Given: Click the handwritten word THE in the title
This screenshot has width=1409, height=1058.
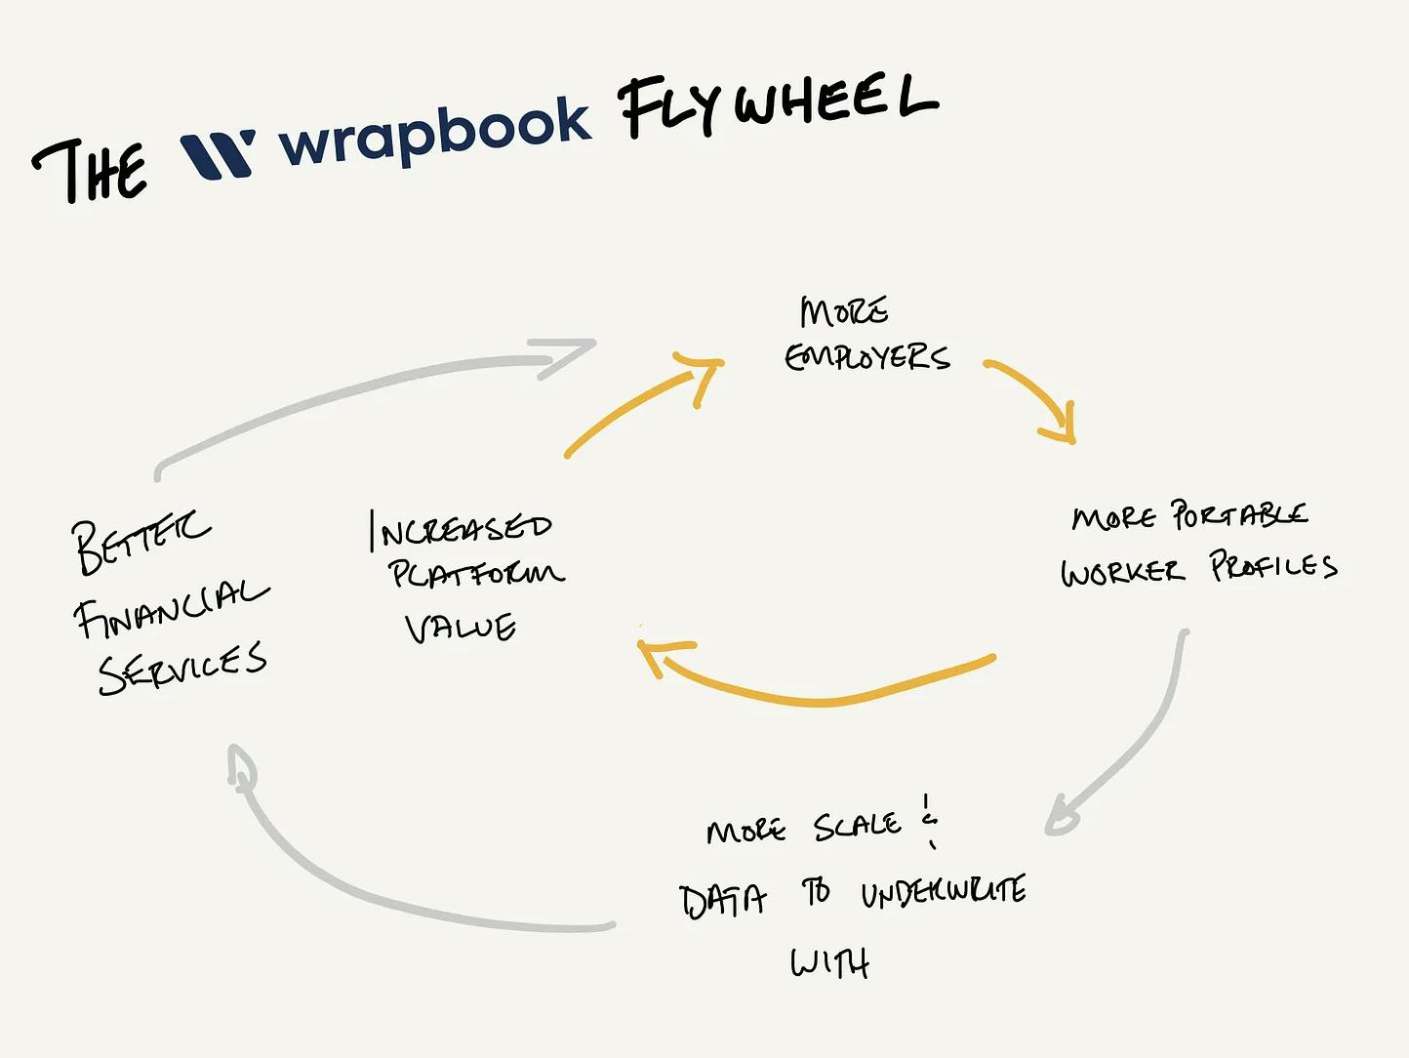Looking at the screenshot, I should click(x=90, y=170).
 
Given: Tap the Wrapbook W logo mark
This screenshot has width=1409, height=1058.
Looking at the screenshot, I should click(x=218, y=154).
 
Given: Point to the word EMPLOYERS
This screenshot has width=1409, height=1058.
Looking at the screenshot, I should click(x=866, y=357).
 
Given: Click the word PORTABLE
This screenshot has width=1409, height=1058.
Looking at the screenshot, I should click(x=1239, y=514).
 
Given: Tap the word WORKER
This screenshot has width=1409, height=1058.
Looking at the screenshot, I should click(x=1122, y=571).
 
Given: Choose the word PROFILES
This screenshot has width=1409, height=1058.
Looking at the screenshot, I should click(x=1273, y=566).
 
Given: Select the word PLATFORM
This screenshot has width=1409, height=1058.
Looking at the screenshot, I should click(x=476, y=573).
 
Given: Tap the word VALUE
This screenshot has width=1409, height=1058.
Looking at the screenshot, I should click(x=461, y=628).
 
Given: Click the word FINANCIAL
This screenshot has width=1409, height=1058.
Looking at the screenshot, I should click(x=171, y=609).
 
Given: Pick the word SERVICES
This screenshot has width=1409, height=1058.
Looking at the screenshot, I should click(x=182, y=669).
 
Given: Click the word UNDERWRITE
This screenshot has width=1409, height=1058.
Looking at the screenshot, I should click(x=943, y=891).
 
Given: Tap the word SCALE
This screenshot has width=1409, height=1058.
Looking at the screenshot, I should click(x=857, y=827).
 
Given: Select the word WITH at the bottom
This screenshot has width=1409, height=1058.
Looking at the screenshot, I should click(x=829, y=963).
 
